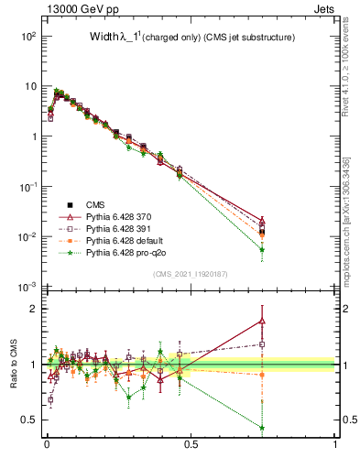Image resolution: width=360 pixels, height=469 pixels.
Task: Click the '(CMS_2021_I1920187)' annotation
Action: click(191, 274)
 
